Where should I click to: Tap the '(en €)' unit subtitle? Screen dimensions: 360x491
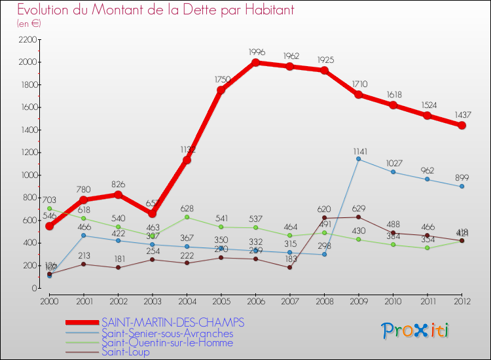click(x=29, y=24)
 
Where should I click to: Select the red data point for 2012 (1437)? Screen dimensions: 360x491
click(x=462, y=125)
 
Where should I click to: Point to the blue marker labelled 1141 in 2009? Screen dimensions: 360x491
click(x=359, y=158)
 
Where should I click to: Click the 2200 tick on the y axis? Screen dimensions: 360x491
click(x=27, y=39)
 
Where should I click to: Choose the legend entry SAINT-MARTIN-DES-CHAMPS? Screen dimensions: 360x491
click(x=173, y=323)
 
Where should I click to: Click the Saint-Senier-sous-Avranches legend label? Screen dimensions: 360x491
click(x=167, y=333)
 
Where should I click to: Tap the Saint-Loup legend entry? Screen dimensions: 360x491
click(x=125, y=352)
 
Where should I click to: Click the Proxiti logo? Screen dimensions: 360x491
click(x=415, y=330)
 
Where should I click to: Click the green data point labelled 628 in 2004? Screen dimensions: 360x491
click(x=187, y=217)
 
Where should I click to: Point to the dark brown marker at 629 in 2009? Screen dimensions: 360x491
click(x=359, y=217)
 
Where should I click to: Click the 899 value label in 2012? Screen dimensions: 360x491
click(x=462, y=175)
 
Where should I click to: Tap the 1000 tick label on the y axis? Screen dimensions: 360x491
click(x=27, y=175)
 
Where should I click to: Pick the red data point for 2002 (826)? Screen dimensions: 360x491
click(x=118, y=194)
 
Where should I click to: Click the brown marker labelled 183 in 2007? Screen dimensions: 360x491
click(x=290, y=267)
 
